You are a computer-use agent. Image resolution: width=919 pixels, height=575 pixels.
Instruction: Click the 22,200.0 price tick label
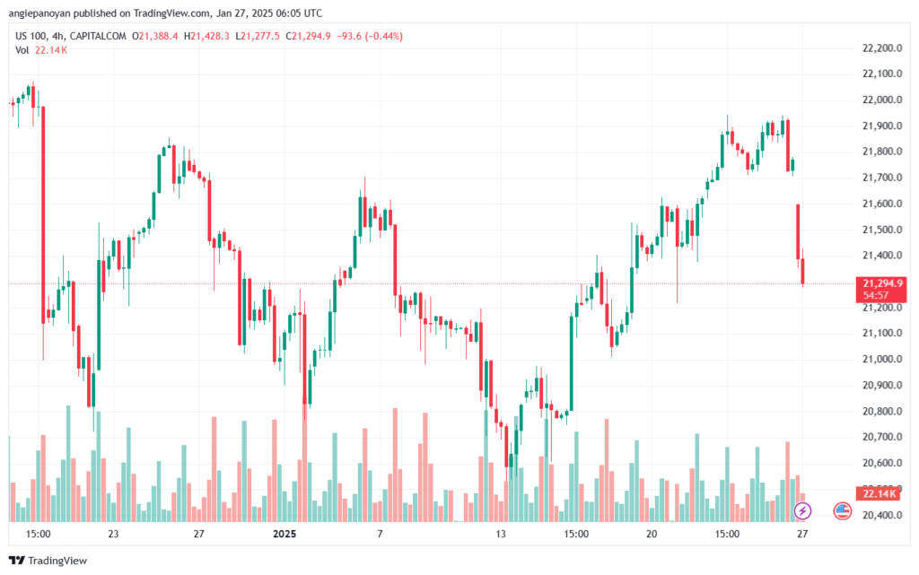[x=882, y=48]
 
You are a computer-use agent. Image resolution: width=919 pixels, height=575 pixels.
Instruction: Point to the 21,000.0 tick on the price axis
[x=882, y=359]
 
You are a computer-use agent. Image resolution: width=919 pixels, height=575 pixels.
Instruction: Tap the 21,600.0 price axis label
[x=882, y=204]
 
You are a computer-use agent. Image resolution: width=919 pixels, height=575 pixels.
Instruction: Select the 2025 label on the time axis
[x=284, y=534]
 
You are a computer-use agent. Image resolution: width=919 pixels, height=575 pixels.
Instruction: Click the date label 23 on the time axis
[x=113, y=534]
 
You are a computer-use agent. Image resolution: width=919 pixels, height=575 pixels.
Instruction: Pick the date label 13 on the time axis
[x=501, y=534]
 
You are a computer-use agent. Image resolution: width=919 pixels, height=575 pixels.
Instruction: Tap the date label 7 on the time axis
[x=380, y=534]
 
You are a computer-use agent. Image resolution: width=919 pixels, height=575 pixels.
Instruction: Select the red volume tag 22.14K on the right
[x=880, y=493]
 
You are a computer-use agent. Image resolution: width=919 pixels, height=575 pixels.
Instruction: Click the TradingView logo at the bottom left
[x=48, y=561]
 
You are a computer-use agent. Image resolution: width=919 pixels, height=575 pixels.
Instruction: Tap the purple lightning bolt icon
[x=802, y=511]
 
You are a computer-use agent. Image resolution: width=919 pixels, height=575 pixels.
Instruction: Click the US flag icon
[x=842, y=511]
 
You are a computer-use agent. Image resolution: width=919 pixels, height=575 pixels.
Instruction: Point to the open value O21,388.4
[x=154, y=36]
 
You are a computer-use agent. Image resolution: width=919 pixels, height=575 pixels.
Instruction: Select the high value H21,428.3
[x=206, y=36]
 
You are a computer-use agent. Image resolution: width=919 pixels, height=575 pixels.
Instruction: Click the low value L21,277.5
[x=258, y=36]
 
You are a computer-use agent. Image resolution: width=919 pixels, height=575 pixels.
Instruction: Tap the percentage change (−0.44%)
[x=384, y=36]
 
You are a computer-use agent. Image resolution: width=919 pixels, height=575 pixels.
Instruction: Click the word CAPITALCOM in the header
[x=98, y=36]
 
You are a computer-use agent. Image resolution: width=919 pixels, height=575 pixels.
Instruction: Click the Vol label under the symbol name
[x=22, y=50]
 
